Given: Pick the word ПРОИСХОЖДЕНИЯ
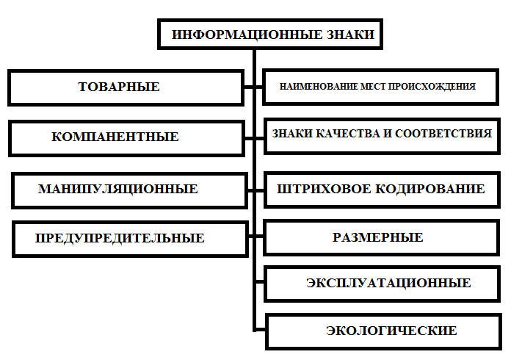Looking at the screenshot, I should click(x=440, y=87).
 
